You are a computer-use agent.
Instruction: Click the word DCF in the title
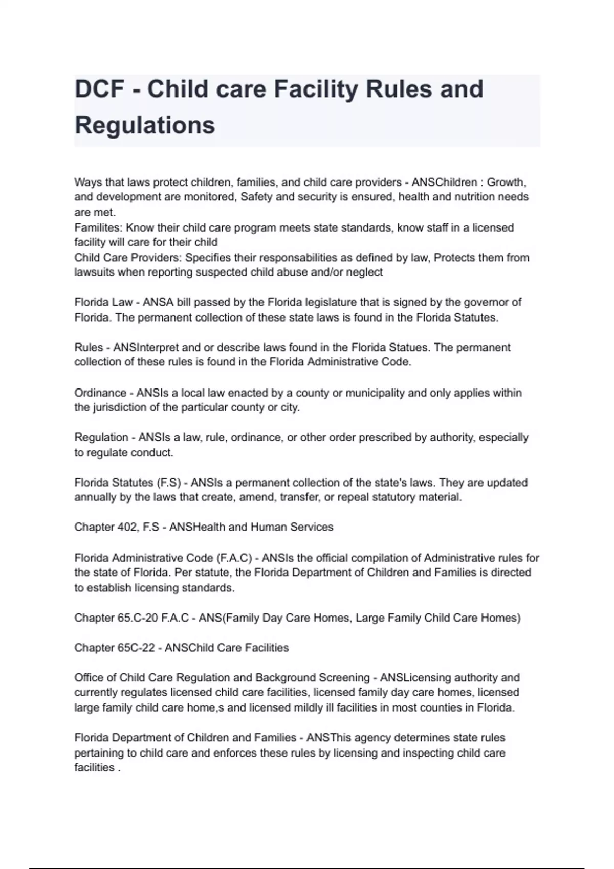pyautogui.click(x=100, y=89)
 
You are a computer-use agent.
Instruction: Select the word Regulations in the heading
pyautogui.click(x=145, y=125)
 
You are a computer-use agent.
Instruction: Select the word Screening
pyautogui.click(x=343, y=678)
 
